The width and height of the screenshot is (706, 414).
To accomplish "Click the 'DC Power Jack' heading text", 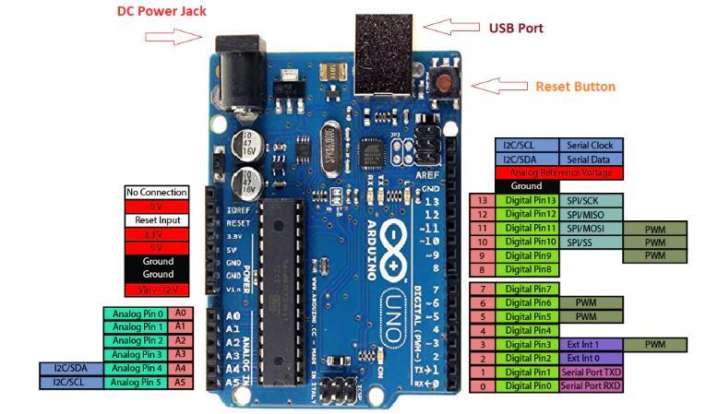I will coord(162,11).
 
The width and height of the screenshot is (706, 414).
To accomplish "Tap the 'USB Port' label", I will coord(516,28).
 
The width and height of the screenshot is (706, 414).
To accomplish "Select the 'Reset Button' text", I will coord(575,87).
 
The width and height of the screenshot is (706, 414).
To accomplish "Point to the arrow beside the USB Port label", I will coord(453,27).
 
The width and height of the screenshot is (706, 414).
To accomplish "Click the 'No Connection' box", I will coord(157,192).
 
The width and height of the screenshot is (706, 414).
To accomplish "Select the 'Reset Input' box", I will coord(157,220).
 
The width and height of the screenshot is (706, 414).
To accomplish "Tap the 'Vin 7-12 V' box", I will coord(157,290).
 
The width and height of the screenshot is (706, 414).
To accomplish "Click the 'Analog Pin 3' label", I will coord(138,354).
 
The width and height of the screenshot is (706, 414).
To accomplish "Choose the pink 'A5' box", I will coord(180,382).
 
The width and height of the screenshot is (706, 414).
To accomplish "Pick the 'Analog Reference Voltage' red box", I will coord(559,172).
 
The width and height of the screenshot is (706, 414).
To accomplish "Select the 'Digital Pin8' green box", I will coord(529,269).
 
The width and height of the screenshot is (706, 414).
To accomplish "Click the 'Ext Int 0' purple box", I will coord(591,358).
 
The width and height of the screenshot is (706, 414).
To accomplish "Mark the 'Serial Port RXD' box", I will coord(591,385).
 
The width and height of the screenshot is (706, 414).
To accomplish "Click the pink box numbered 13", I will coord(483,200).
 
